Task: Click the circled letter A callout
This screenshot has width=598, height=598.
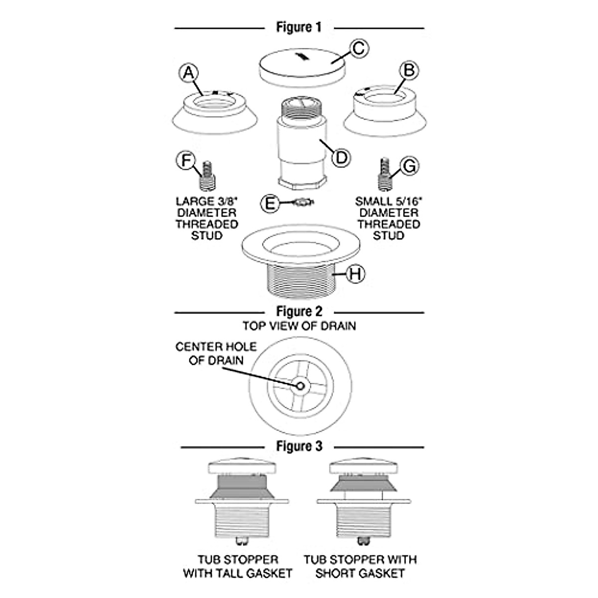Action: pos(188,73)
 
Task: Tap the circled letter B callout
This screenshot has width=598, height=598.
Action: pos(409,71)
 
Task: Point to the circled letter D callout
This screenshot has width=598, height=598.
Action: pos(341,157)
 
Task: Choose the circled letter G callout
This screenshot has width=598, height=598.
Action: pos(409,165)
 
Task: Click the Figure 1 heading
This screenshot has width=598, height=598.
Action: pos(299,27)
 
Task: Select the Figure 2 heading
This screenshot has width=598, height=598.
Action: pos(299,312)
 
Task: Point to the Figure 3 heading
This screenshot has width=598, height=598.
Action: pos(299,446)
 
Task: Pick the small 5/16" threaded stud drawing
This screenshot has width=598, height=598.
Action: pos(384,174)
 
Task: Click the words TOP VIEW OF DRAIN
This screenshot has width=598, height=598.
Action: pos(299,326)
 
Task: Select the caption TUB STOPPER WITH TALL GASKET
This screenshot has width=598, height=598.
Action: pos(237,567)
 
